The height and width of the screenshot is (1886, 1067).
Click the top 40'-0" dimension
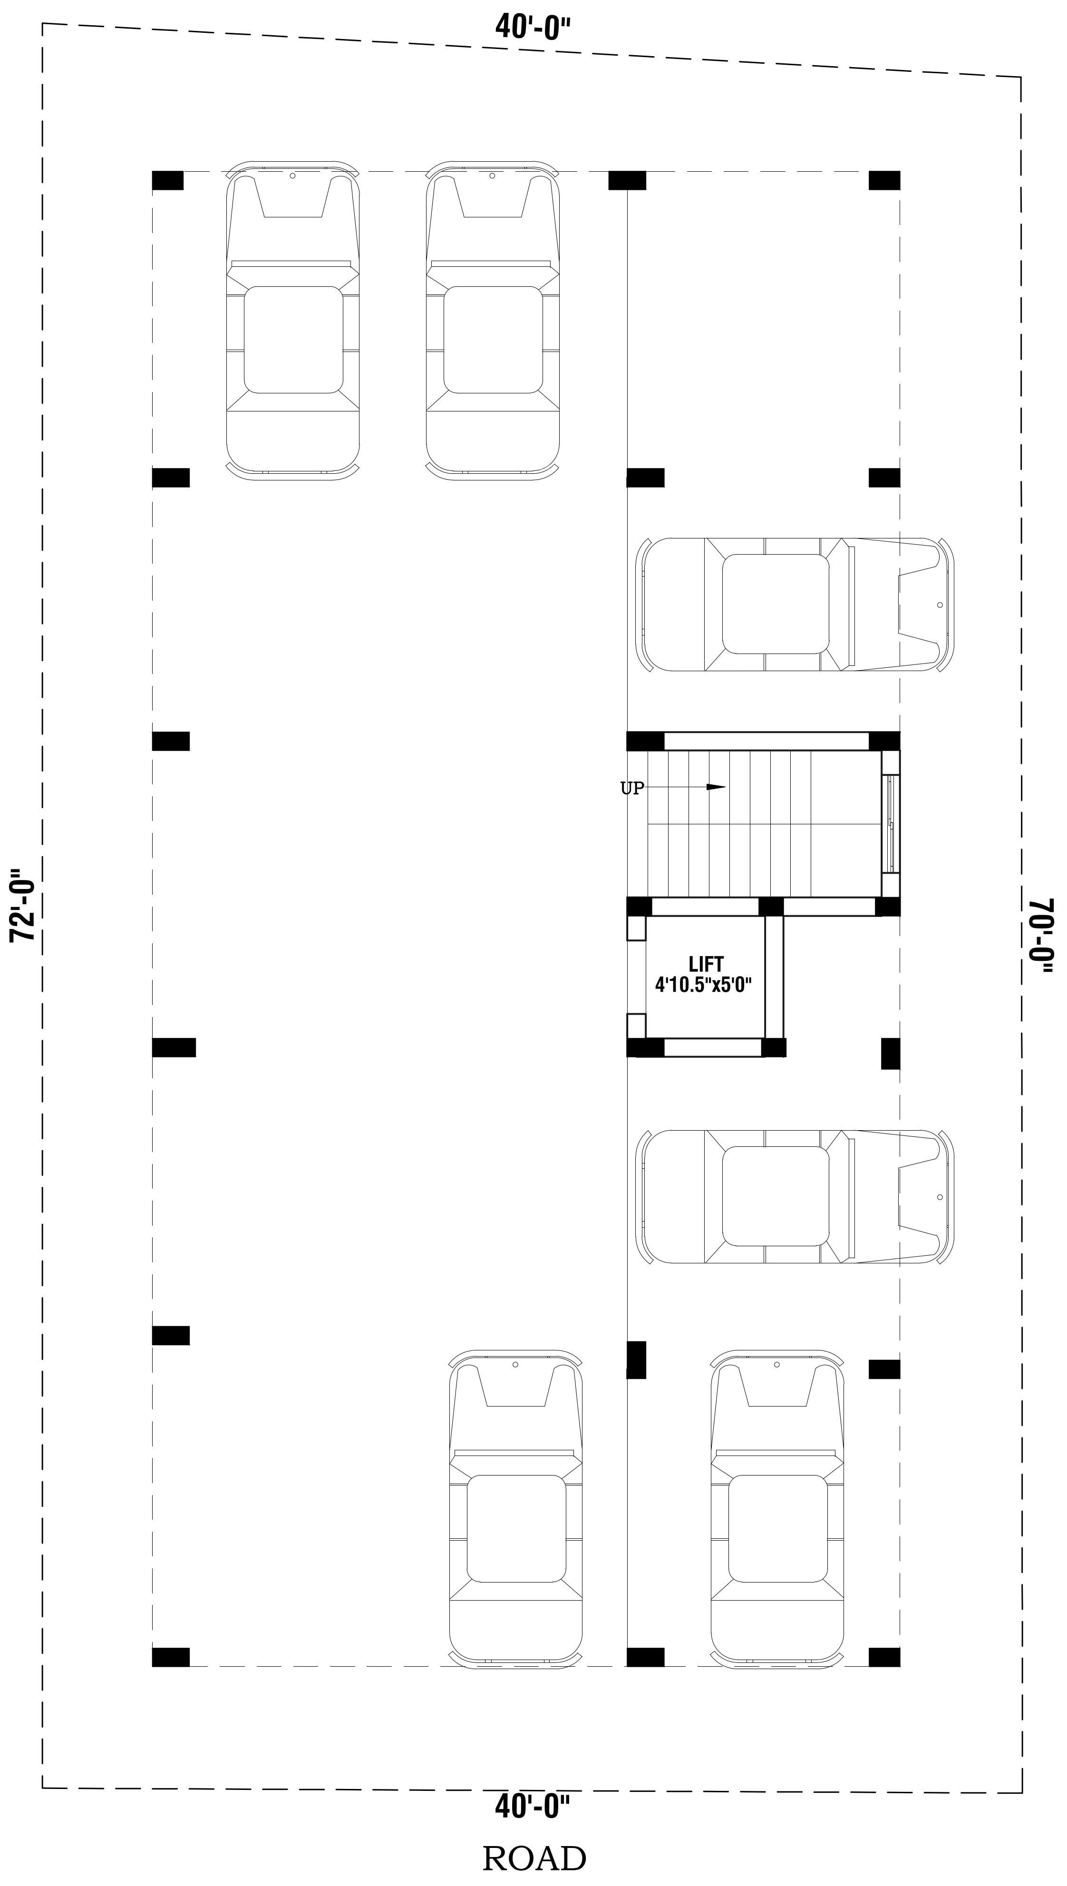(533, 28)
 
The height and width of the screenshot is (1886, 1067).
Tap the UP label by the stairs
(632, 789)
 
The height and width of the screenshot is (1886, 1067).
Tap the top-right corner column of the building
(884, 180)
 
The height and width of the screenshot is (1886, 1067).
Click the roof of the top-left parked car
(293, 339)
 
